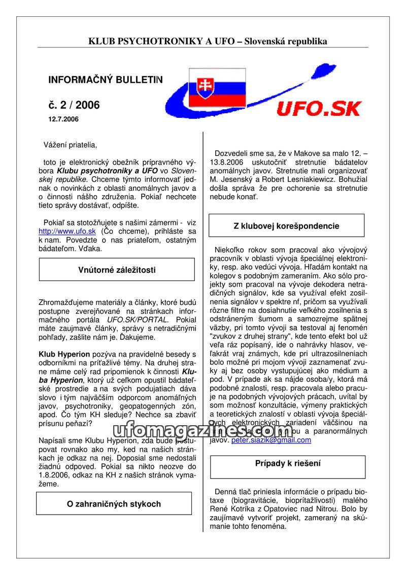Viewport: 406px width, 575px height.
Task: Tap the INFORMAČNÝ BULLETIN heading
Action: [x=106, y=80]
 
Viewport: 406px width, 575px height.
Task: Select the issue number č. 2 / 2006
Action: [x=74, y=105]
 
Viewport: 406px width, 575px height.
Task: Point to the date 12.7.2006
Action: [x=63, y=119]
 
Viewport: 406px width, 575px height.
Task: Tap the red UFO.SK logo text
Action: [x=319, y=108]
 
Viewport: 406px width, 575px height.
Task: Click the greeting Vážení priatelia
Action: [x=70, y=145]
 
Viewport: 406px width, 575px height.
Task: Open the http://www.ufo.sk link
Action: [x=67, y=231]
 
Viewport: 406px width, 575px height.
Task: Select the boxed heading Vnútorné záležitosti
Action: [x=117, y=270]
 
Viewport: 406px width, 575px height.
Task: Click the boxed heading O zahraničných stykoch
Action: [x=114, y=504]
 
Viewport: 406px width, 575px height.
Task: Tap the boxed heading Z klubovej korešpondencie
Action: [x=286, y=226]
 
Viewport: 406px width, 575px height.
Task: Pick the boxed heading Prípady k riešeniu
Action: [x=288, y=463]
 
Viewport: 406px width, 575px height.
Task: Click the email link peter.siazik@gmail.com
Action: [x=271, y=440]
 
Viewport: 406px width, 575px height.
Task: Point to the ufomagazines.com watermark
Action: [x=203, y=430]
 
